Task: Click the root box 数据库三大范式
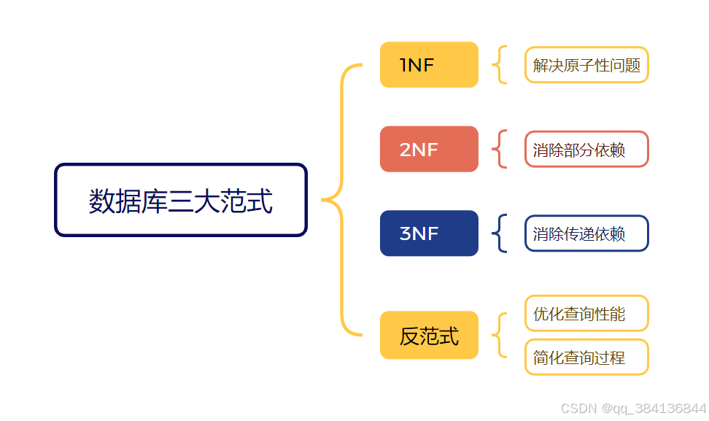click(181, 200)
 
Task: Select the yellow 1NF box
click(429, 65)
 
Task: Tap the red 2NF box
click(429, 150)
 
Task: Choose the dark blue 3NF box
click(429, 233)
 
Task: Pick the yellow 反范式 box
click(429, 336)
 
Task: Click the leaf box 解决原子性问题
click(586, 66)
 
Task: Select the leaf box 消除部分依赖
click(586, 150)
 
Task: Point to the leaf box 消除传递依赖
click(586, 233)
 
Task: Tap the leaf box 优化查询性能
click(586, 314)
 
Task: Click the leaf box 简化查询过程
click(586, 358)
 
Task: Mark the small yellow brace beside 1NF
click(498, 65)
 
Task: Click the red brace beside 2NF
click(498, 150)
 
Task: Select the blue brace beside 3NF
click(498, 233)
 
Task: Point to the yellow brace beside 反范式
click(498, 336)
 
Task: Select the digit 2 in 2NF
click(406, 150)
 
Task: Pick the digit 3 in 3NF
click(406, 233)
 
